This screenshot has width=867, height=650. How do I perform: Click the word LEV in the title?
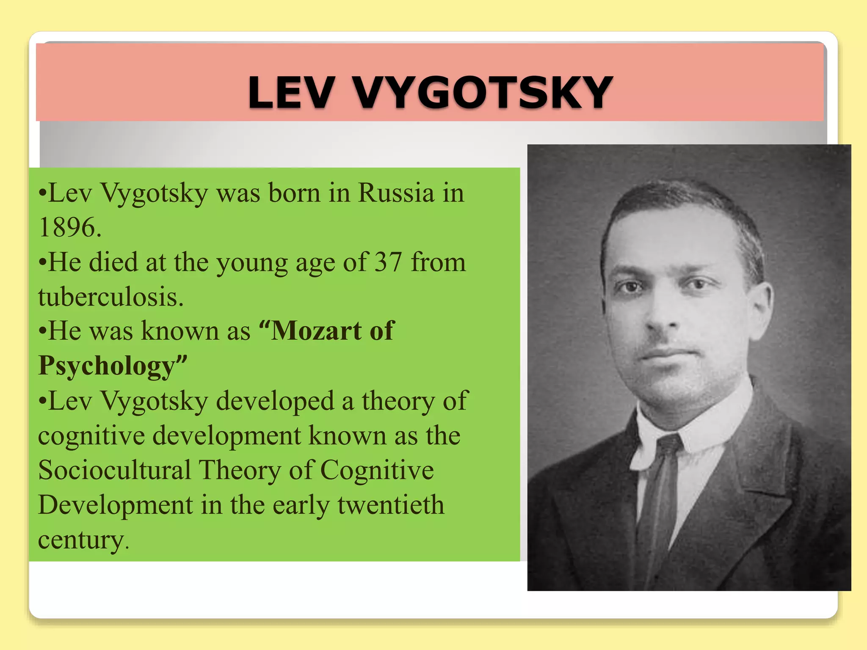tap(291, 93)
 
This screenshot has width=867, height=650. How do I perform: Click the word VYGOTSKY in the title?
tap(482, 93)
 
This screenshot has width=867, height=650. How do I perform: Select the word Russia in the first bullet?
tap(396, 193)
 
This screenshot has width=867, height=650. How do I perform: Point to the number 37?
tap(388, 262)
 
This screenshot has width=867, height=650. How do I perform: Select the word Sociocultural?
tap(114, 470)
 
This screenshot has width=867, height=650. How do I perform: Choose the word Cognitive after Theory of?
tap(377, 470)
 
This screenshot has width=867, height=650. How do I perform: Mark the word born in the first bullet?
tap(294, 193)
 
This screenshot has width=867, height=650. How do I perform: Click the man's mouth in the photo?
tap(669, 354)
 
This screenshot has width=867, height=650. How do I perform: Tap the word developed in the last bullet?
tap(275, 401)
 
